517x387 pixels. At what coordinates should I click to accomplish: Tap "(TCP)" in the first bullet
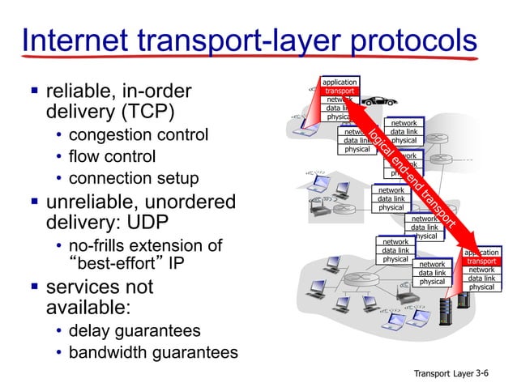pyautogui.click(x=153, y=109)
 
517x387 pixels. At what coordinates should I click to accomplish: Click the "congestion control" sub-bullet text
pyautogui.click(x=139, y=134)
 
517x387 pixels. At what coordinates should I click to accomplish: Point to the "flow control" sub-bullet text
pyautogui.click(x=112, y=155)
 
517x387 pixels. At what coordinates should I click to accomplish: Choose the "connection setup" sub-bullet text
pyautogui.click(x=134, y=177)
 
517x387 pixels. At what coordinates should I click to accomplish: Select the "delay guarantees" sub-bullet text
pyautogui.click(x=135, y=331)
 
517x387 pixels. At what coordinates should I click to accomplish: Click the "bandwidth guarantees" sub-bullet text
pyautogui.click(x=153, y=353)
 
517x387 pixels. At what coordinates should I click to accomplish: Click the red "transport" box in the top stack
pyautogui.click(x=340, y=91)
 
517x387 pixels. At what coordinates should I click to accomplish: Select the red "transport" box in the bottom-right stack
pyautogui.click(x=481, y=262)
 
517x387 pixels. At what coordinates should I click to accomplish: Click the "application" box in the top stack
pyautogui.click(x=340, y=83)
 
